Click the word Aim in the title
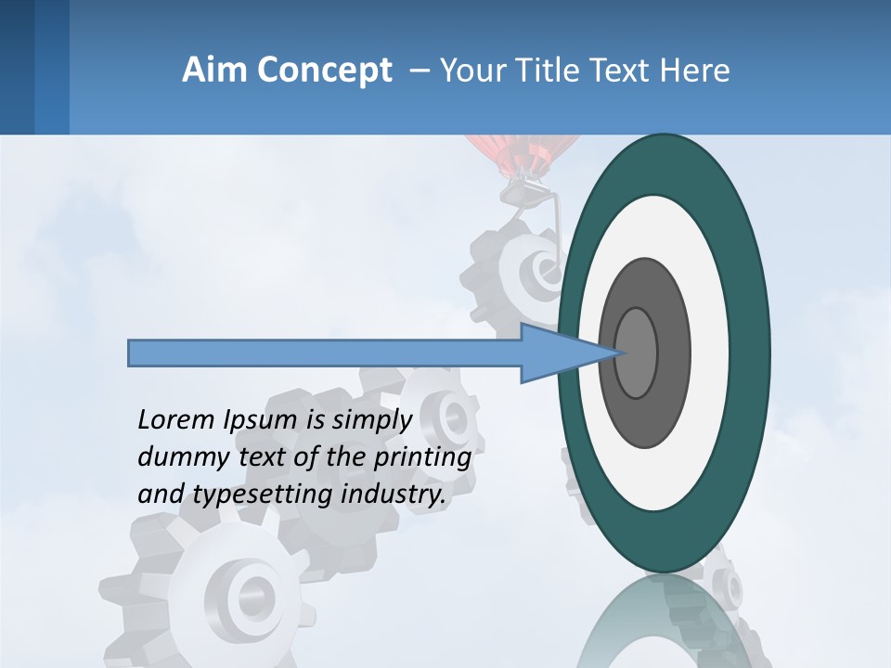click(214, 71)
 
